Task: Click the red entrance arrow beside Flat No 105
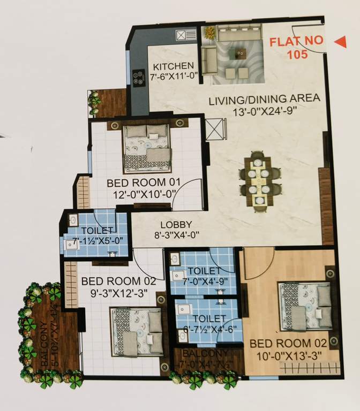340,42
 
